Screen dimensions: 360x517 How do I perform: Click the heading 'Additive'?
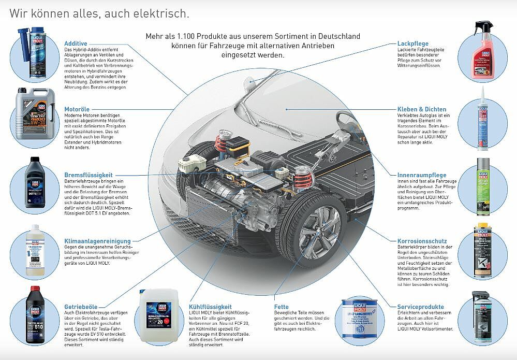tap(76, 44)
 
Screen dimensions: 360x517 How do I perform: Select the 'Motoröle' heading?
tap(78, 109)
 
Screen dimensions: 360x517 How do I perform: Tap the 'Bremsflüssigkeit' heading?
tap(88, 175)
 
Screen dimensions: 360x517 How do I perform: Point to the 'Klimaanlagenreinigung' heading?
tap(97, 241)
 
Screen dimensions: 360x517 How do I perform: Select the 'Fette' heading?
tap(282, 307)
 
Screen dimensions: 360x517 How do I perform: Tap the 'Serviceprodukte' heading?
tap(420, 307)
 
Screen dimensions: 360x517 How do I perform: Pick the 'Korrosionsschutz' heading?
tap(422, 241)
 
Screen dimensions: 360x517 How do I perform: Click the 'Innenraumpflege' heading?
tap(421, 175)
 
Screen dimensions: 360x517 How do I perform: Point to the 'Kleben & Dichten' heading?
tap(422, 109)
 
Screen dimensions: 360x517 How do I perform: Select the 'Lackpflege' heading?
tap(412, 44)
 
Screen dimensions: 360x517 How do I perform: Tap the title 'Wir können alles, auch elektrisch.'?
tap(99, 13)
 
